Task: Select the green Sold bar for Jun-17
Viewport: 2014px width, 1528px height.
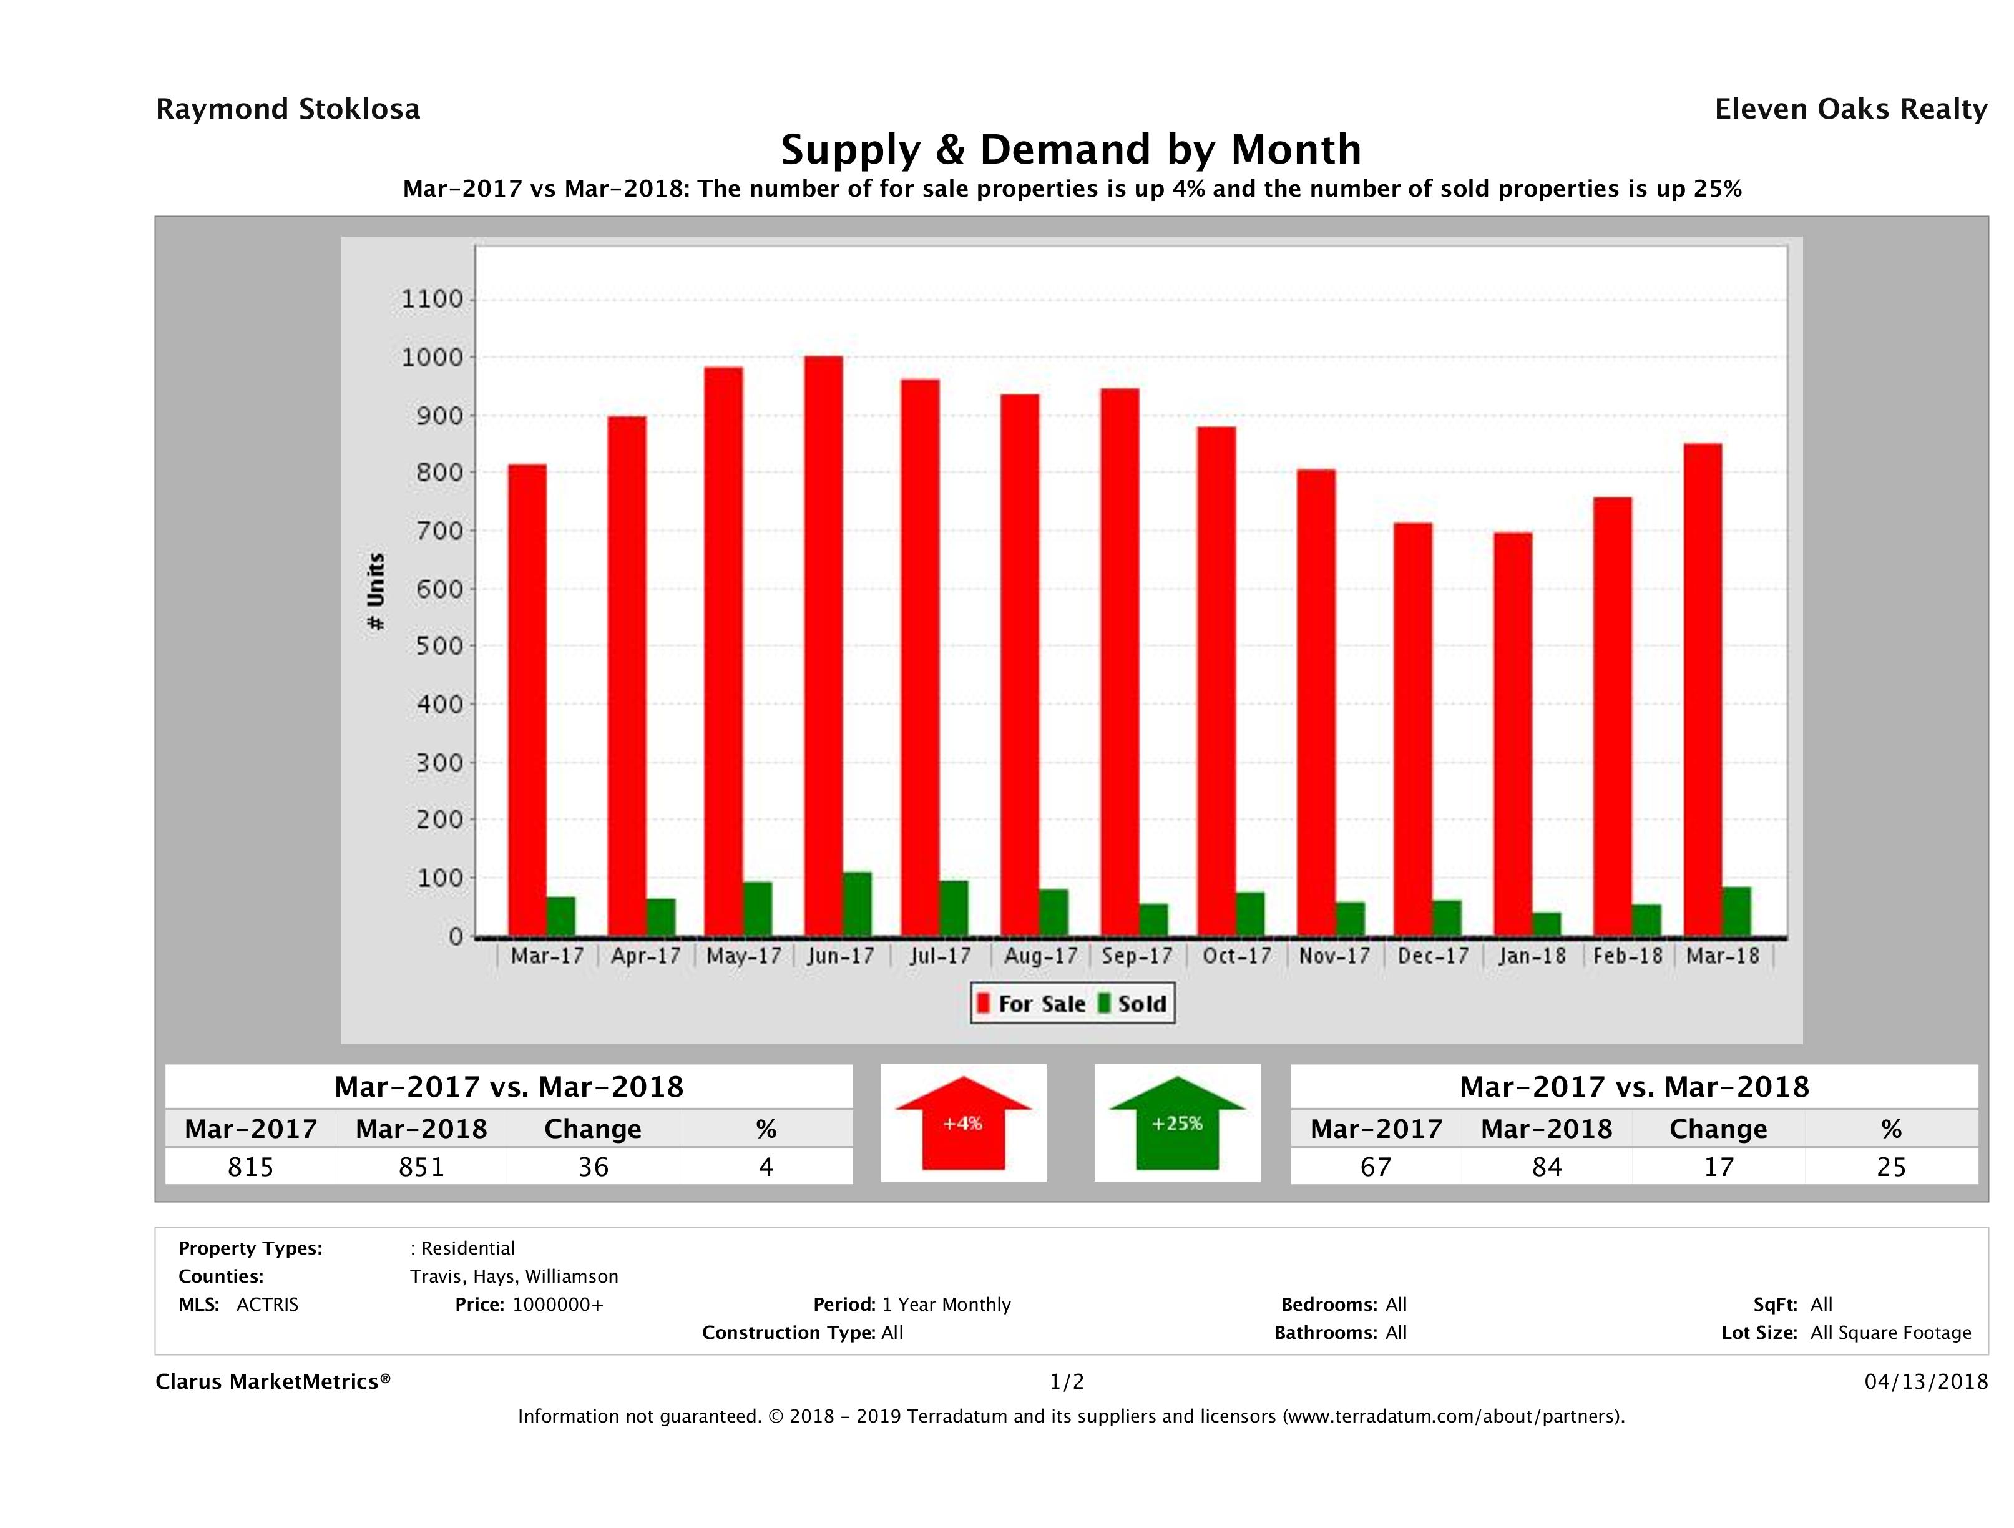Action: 857,904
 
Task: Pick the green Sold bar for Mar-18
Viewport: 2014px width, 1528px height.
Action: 1736,911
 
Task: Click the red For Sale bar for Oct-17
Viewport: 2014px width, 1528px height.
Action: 1216,681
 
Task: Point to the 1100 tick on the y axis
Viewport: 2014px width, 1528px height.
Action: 433,300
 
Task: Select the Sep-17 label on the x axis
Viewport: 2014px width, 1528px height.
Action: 1137,956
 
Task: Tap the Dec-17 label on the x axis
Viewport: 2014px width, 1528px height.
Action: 1433,956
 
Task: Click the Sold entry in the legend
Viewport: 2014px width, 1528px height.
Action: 1133,1004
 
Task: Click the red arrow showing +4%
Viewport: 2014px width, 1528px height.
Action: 962,1123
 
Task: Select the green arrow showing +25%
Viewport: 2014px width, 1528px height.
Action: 1176,1123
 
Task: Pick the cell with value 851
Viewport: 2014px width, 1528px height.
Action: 421,1167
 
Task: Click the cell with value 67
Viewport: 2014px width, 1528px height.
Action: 1375,1167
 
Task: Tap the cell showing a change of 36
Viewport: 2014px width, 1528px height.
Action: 593,1167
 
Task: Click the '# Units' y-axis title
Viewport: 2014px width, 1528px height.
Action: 375,592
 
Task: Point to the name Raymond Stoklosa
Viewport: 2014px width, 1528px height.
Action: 288,109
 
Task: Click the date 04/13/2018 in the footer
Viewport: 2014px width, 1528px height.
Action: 1925,1381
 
